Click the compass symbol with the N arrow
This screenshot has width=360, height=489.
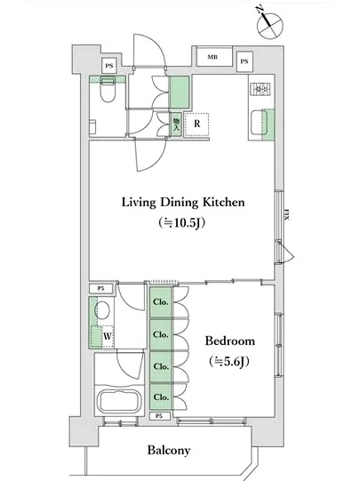click(x=269, y=25)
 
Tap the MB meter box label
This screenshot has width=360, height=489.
click(x=212, y=57)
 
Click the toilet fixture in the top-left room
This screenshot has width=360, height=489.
click(x=108, y=90)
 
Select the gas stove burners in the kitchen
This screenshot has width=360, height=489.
click(x=260, y=89)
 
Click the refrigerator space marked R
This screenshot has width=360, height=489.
click(x=196, y=124)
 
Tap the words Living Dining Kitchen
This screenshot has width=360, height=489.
click(x=183, y=203)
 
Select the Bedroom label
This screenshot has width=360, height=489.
click(x=229, y=341)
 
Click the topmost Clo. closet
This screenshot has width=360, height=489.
click(x=161, y=302)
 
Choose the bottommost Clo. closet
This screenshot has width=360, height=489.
click(x=161, y=397)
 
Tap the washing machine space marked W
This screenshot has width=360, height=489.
click(x=108, y=336)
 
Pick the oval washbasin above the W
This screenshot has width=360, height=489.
click(x=102, y=310)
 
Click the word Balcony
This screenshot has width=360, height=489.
click(x=169, y=451)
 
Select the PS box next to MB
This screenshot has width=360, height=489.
click(x=244, y=61)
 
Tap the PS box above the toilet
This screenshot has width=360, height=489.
click(x=108, y=66)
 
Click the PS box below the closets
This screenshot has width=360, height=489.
click(x=159, y=416)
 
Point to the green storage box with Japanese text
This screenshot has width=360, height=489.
click(x=176, y=124)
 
